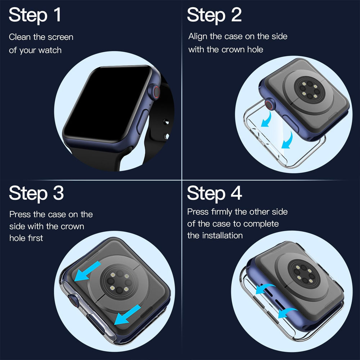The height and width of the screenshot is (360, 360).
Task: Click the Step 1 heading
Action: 35,16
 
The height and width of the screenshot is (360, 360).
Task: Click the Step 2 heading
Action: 214,16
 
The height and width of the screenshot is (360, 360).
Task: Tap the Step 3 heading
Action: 36,193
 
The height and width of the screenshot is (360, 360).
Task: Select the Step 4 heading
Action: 214,193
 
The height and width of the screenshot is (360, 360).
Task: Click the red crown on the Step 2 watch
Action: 269,105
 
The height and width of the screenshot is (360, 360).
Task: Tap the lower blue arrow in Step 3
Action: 128,314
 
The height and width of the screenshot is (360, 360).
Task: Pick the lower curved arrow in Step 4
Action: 287,312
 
